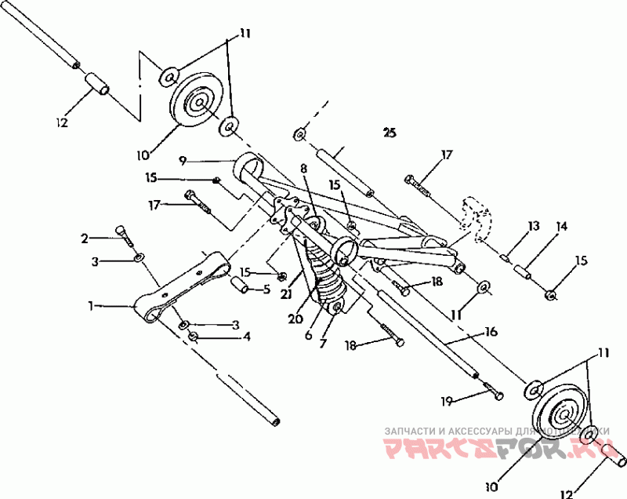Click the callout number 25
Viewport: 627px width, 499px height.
point(390,132)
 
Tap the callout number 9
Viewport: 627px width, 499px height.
point(182,160)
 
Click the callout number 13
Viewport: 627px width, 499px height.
point(534,226)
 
